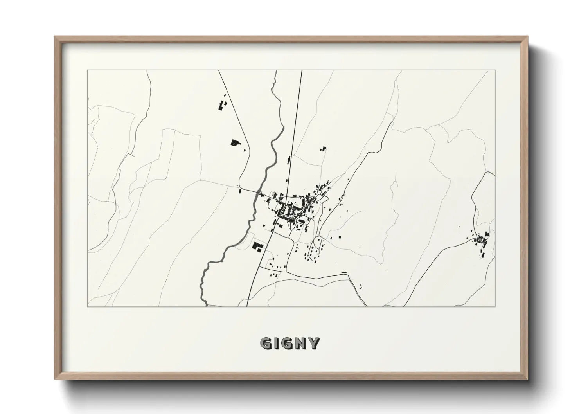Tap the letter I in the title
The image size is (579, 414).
tap(277, 344)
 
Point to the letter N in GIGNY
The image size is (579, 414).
tap(302, 344)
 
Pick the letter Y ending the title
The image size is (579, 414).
tap(314, 344)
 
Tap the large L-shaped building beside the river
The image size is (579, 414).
tap(257, 247)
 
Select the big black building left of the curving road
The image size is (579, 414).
tap(235, 143)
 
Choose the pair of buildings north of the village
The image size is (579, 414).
tap(323, 148)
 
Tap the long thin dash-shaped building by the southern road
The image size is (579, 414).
tap(344, 272)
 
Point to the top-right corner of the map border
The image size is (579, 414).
tap(495, 70)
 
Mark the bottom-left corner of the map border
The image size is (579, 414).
tap(87, 306)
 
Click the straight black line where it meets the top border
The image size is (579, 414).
tap(302, 70)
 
